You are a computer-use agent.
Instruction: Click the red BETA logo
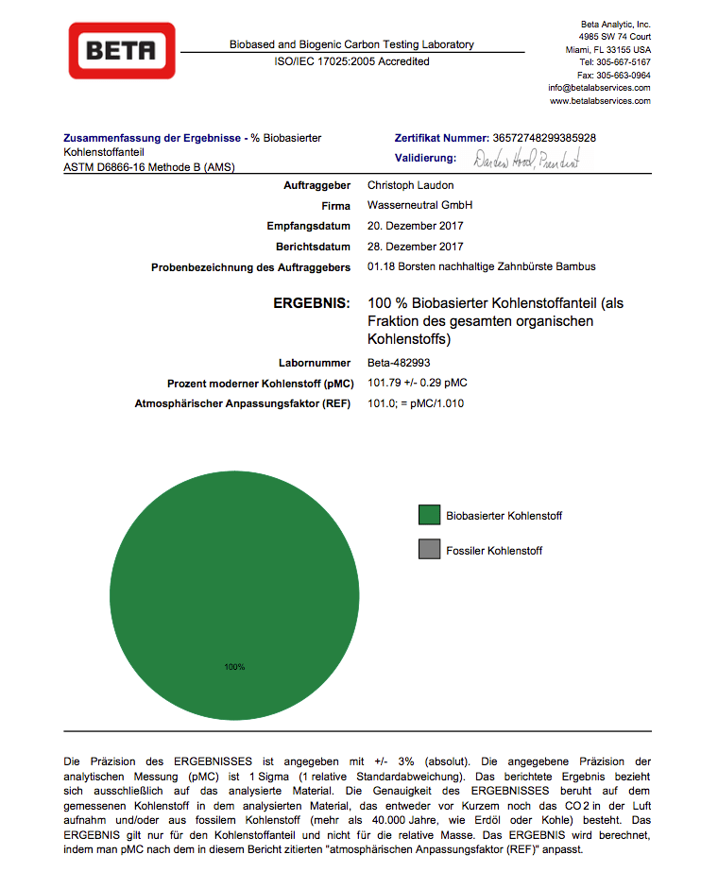pos(122,50)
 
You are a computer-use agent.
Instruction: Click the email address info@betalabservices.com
pos(599,88)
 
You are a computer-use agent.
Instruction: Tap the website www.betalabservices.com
pos(600,100)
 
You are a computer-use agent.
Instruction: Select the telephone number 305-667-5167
pos(623,62)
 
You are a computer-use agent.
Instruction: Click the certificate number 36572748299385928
pos(544,138)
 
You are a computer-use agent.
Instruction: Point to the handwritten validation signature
pos(526,159)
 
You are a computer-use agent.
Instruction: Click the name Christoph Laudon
pos(410,185)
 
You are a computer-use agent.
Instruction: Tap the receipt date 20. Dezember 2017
pos(416,226)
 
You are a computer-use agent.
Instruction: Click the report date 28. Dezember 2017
pos(416,247)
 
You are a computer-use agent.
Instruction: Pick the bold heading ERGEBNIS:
pos(311,304)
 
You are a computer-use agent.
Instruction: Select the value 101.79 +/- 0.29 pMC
pos(418,383)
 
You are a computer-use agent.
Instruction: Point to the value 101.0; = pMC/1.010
pos(416,403)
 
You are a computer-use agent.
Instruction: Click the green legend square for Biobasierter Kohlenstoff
pos(430,515)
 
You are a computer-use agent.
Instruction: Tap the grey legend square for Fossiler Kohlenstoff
pos(430,549)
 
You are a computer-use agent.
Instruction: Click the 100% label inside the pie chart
pos(234,667)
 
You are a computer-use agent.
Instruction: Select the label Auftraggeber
pos(317,185)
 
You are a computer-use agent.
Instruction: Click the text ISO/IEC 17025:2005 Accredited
pos(351,61)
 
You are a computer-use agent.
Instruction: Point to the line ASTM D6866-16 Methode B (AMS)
pos(149,167)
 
